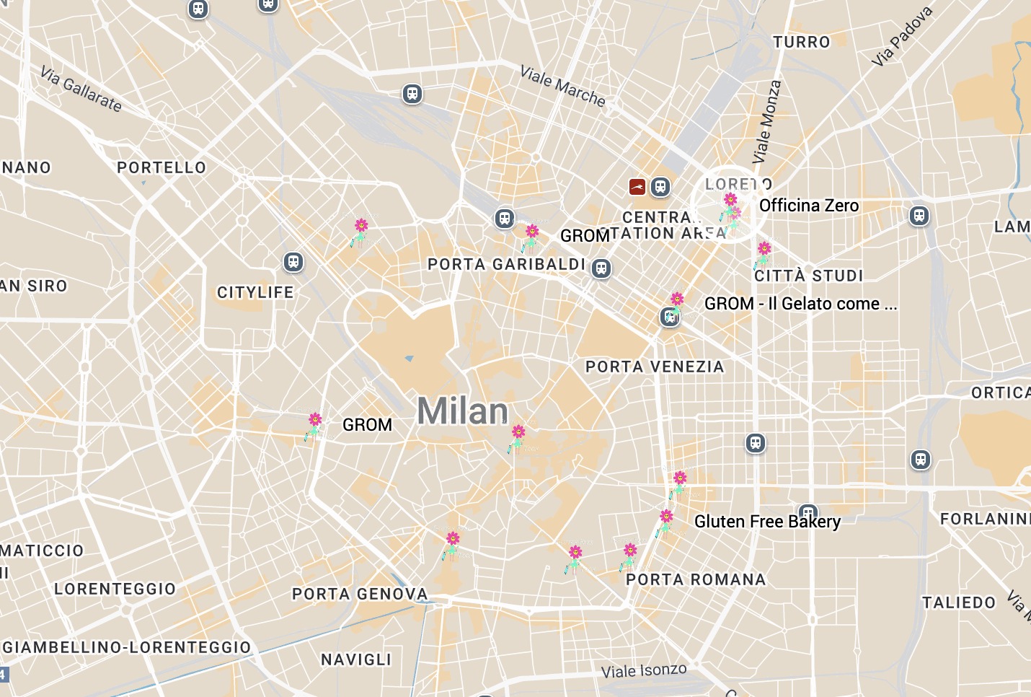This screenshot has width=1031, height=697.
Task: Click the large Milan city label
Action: pyautogui.click(x=462, y=411)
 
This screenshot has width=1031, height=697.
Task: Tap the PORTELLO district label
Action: pyautogui.click(x=161, y=167)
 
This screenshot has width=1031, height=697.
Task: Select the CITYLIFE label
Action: pyautogui.click(x=255, y=292)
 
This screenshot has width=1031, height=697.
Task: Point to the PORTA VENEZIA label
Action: pyautogui.click(x=655, y=367)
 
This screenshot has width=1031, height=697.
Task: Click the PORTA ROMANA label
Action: pyautogui.click(x=696, y=579)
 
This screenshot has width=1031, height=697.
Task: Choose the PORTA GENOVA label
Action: pyautogui.click(x=360, y=594)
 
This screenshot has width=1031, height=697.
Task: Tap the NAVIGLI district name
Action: pyautogui.click(x=356, y=659)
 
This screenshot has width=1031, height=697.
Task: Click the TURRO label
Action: pyautogui.click(x=802, y=42)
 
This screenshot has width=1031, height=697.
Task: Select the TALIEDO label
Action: pyautogui.click(x=959, y=602)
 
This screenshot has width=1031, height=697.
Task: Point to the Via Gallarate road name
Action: pyautogui.click(x=81, y=89)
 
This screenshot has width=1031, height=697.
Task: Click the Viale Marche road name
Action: pyautogui.click(x=563, y=86)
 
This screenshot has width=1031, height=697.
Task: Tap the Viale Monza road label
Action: pyautogui.click(x=766, y=121)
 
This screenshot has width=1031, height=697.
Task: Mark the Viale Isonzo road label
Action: pyautogui.click(x=644, y=670)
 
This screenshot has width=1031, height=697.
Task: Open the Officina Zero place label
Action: pyautogui.click(x=809, y=206)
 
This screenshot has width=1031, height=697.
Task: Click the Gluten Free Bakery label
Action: pyautogui.click(x=767, y=522)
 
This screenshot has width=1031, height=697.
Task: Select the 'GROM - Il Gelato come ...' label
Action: pyautogui.click(x=800, y=304)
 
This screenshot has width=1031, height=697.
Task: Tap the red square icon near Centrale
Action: pyautogui.click(x=637, y=188)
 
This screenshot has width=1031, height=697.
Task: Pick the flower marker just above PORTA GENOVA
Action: pyautogui.click(x=451, y=545)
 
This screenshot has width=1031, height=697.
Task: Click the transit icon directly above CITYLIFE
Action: pyautogui.click(x=293, y=261)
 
